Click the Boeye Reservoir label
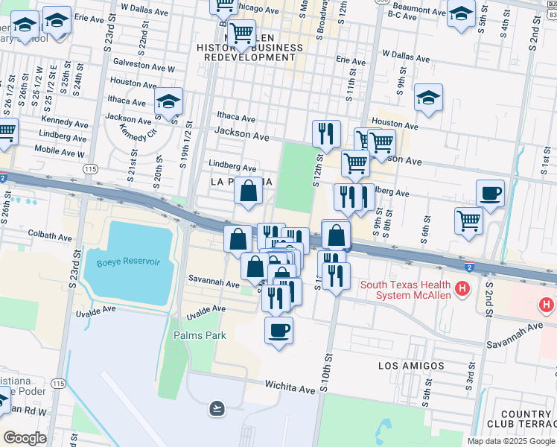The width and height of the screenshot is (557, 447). point(128,261)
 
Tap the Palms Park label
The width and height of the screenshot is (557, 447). point(200,335)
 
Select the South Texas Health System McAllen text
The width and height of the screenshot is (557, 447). point(405,291)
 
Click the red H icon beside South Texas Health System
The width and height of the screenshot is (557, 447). point(462,288)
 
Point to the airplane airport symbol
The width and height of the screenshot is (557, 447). point(217,408)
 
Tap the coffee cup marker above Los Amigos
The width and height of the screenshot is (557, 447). point(279,330)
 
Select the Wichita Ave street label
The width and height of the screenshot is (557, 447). point(290,387)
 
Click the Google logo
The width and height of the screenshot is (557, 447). point(25,438)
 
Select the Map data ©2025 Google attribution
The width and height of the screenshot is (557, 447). point(510,441)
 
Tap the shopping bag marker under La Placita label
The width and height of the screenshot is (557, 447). point(248,191)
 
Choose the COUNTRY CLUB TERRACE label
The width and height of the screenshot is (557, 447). point(526,419)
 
